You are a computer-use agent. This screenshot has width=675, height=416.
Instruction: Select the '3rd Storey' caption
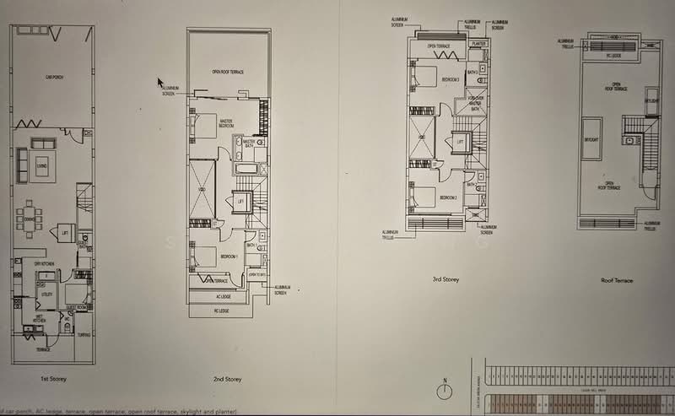click(445, 279)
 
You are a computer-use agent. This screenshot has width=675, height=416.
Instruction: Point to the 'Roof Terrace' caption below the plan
click(617, 280)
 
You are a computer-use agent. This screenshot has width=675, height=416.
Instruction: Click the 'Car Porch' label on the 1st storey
click(56, 77)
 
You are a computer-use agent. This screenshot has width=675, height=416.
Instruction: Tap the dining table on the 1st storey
click(30, 213)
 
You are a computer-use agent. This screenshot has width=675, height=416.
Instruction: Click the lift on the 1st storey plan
click(64, 230)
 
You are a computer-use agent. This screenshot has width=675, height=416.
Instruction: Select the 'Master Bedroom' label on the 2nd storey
click(226, 122)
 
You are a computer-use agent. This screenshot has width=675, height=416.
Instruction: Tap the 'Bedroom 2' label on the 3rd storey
click(449, 197)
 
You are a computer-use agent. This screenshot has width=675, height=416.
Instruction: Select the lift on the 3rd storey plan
click(460, 143)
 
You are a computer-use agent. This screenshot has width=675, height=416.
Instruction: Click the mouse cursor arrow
click(160, 83)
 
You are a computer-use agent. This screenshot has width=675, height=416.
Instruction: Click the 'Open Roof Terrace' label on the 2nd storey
click(228, 73)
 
